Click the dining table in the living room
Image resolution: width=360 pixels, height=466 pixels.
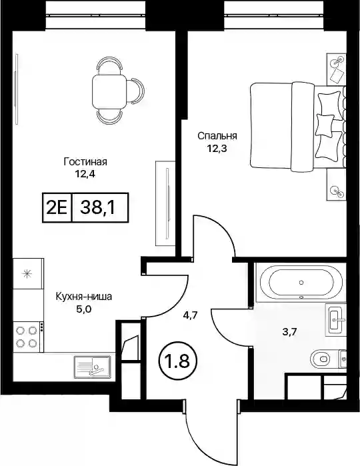pyautogui.click(x=109, y=92)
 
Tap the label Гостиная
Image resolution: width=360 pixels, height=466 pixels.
pyautogui.click(x=85, y=162)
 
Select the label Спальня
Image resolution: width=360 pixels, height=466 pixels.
pyautogui.click(x=217, y=136)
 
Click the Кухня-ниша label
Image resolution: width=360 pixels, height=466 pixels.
pyautogui.click(x=84, y=297)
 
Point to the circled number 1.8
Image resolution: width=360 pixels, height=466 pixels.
pyautogui.click(x=179, y=362)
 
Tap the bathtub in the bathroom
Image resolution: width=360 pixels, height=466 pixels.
pyautogui.click(x=301, y=282)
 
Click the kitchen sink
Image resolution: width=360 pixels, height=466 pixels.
pyautogui.click(x=93, y=367)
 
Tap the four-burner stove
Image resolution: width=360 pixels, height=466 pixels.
pyautogui.click(x=27, y=337)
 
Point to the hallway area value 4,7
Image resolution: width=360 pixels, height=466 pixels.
pyautogui.click(x=190, y=315)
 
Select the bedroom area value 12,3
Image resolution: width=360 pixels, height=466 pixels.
pyautogui.click(x=217, y=148)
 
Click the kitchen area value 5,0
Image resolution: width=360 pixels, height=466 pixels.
pyautogui.click(x=84, y=309)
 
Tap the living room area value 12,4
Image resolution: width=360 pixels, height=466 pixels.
pyautogui.click(x=85, y=174)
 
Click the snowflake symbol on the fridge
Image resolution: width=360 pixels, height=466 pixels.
pyautogui.click(x=27, y=273)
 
